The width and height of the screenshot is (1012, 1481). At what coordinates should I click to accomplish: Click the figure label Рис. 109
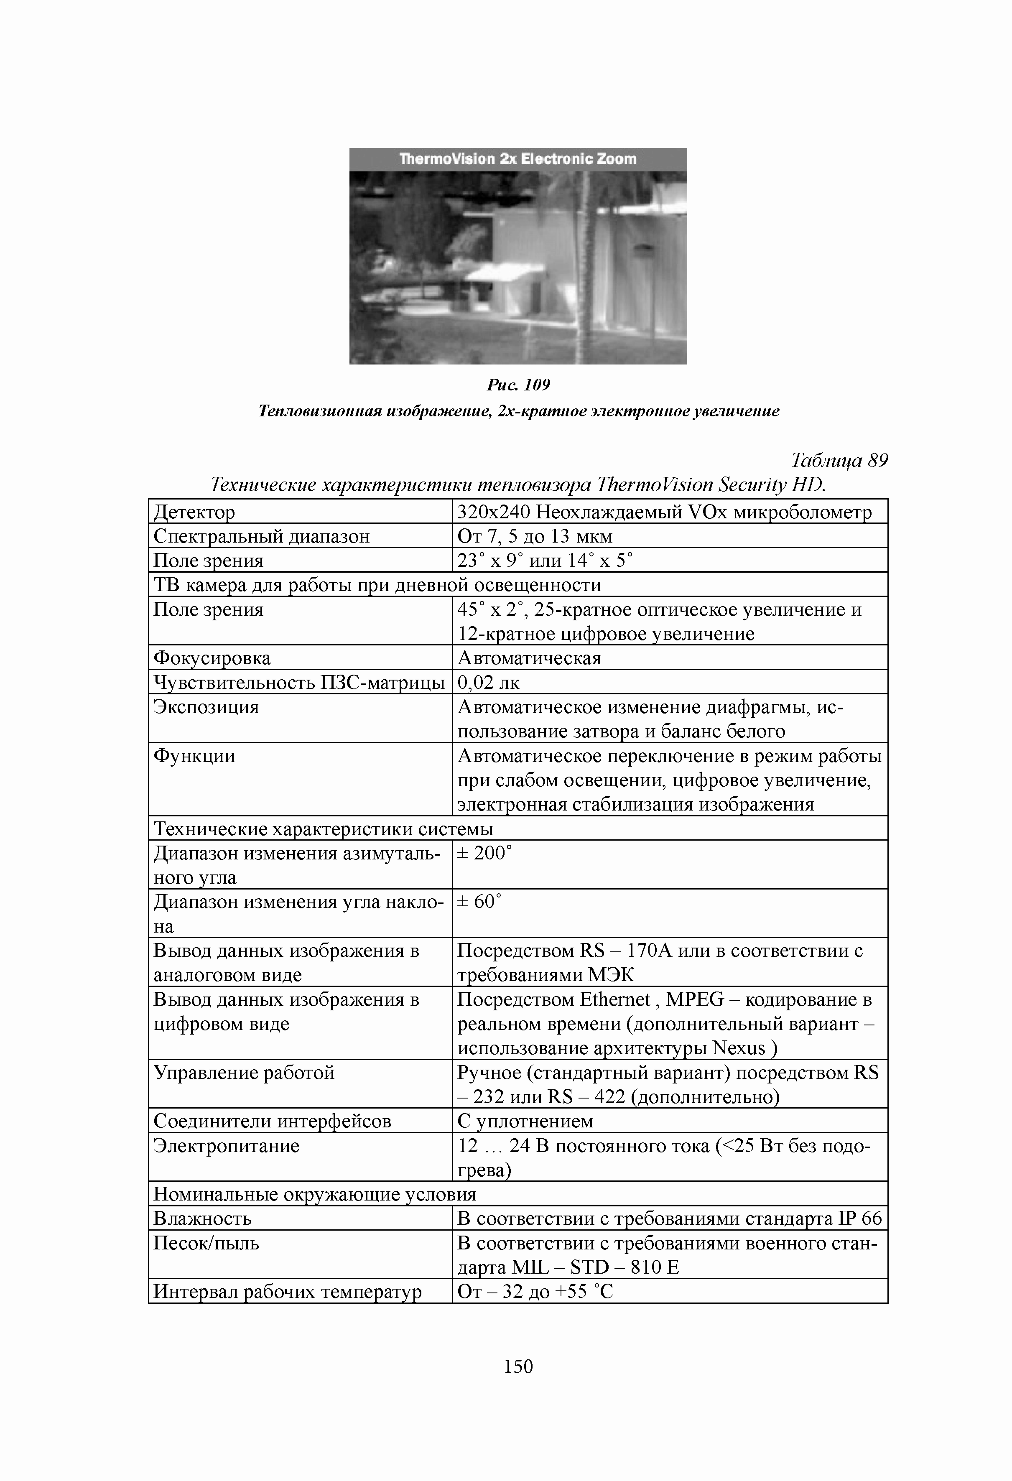[x=517, y=385]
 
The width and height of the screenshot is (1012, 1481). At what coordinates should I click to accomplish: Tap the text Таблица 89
[x=839, y=460]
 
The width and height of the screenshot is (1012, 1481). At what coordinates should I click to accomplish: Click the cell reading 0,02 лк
[x=489, y=683]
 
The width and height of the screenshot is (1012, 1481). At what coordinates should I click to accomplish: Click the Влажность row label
[x=203, y=1218]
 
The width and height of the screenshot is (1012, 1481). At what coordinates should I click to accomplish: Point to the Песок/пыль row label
[x=206, y=1243]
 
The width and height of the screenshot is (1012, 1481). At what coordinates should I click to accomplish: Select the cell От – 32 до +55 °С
[x=535, y=1292]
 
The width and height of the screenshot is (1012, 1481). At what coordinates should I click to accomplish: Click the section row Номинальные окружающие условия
[x=315, y=1194]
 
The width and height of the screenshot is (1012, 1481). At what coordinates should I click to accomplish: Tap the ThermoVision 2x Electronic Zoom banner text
[x=517, y=159]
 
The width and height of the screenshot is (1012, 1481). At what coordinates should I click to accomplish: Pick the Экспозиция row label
[x=206, y=707]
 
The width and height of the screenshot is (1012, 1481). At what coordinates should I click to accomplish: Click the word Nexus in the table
[x=739, y=1048]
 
